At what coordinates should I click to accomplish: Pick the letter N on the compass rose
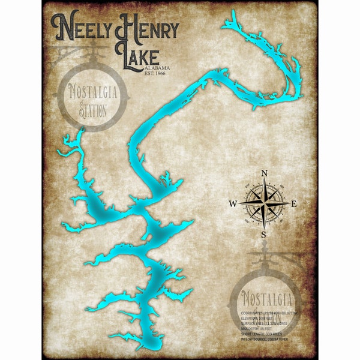pyautogui.click(x=264, y=174)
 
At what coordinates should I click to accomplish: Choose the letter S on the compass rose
pyautogui.click(x=263, y=235)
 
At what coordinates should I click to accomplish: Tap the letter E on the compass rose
pyautogui.click(x=294, y=204)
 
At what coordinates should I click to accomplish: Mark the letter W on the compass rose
pyautogui.click(x=233, y=204)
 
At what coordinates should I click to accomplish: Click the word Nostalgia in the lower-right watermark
pyautogui.click(x=266, y=298)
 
